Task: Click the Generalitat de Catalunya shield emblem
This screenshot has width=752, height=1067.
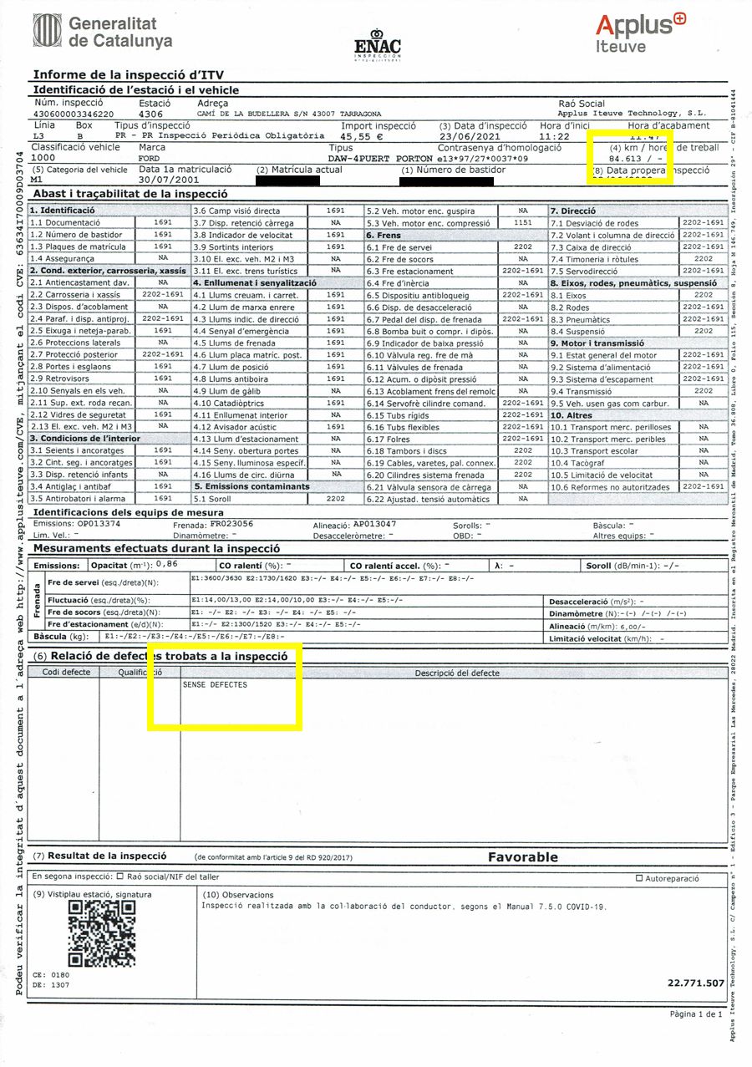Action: (47, 31)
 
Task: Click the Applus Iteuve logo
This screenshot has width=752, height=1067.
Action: (640, 33)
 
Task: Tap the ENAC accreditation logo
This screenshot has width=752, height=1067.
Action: (378, 46)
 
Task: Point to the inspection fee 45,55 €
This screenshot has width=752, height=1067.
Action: (362, 135)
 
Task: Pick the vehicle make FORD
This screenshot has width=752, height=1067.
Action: (150, 158)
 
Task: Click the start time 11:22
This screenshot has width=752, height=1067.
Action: (555, 135)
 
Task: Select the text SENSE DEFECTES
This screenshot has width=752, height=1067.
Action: (215, 685)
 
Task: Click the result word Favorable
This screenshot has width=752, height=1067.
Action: (522, 856)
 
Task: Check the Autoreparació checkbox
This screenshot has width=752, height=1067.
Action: (639, 878)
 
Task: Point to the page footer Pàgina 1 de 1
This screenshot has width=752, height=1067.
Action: (696, 1037)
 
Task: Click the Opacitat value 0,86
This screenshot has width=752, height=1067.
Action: (167, 566)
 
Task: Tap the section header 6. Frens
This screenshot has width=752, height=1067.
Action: (386, 236)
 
